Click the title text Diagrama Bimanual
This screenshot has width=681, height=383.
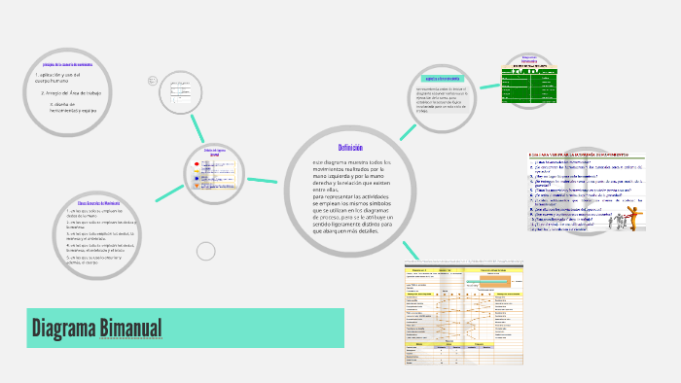pyautogui.click(x=96, y=328)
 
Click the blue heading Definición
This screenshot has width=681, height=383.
pyautogui.click(x=350, y=147)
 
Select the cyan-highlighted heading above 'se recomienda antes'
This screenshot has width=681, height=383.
pyautogui.click(x=441, y=78)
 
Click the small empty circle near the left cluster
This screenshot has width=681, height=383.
pyautogui.click(x=205, y=252)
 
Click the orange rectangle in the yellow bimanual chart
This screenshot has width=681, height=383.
pyautogui.click(x=505, y=276)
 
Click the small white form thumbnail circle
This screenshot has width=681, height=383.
pyautogui.click(x=184, y=94)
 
